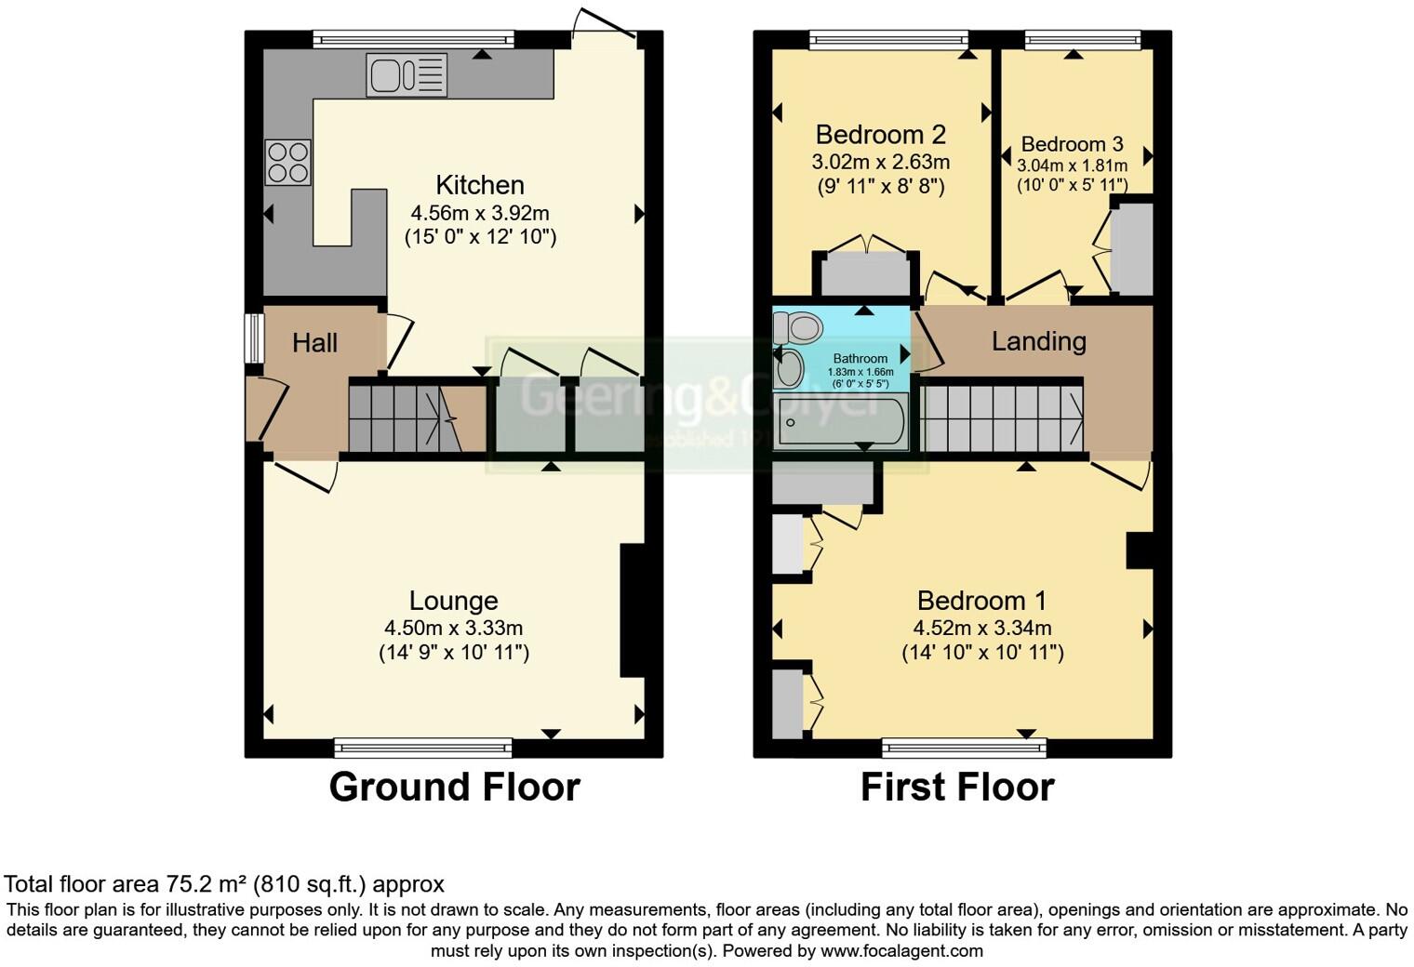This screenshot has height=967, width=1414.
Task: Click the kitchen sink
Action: click(x=407, y=75)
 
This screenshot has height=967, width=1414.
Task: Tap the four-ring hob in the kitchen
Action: click(x=287, y=162)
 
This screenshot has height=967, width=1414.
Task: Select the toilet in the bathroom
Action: click(x=798, y=327)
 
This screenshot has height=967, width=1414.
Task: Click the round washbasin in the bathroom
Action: click(x=790, y=368)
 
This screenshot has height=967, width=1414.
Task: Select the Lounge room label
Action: click(x=454, y=601)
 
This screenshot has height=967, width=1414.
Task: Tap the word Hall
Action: click(x=314, y=343)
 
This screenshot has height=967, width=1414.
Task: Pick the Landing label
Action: click(x=1038, y=341)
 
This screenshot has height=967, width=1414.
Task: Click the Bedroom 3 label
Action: click(x=1072, y=144)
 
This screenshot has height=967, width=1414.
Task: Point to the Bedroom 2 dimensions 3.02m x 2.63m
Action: click(x=880, y=162)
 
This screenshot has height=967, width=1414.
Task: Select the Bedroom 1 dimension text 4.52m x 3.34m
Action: click(x=982, y=629)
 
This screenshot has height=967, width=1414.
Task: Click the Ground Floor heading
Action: click(x=454, y=788)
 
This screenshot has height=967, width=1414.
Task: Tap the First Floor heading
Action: click(x=957, y=788)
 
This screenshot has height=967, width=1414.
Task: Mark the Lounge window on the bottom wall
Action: click(x=423, y=748)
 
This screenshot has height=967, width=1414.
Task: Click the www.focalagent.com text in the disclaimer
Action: click(x=901, y=951)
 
